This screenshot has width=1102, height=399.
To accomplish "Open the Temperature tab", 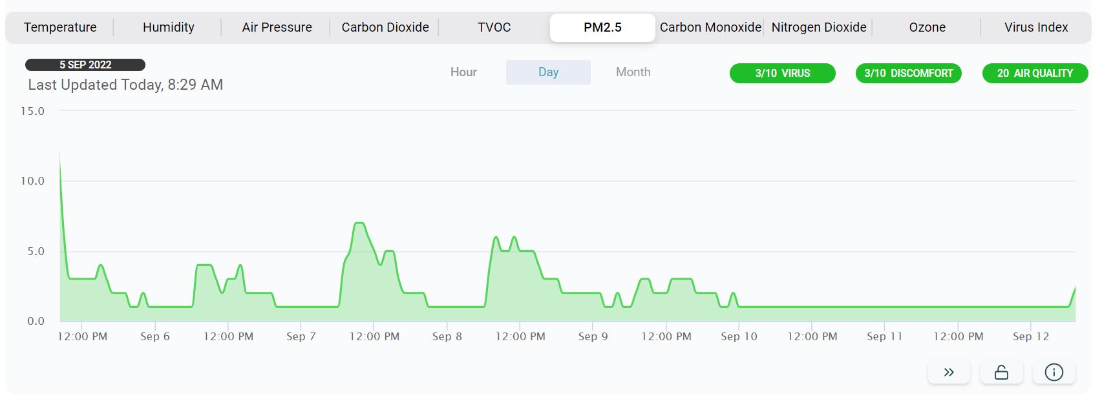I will click(60, 27).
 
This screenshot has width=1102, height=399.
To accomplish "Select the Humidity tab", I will click(168, 27).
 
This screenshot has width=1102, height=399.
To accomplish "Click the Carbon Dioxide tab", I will click(385, 27).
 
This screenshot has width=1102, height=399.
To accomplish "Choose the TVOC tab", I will click(494, 27).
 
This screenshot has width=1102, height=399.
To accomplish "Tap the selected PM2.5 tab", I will click(602, 27).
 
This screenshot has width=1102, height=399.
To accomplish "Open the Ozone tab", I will click(927, 27).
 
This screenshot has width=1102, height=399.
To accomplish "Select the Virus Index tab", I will click(1035, 27).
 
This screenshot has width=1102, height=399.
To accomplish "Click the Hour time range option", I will click(463, 72).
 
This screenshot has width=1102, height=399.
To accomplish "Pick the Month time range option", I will click(633, 72).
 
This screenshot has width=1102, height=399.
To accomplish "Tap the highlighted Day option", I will click(548, 72).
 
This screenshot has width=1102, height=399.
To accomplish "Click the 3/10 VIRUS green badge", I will click(782, 74).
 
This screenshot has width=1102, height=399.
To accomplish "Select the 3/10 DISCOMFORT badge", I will click(908, 74).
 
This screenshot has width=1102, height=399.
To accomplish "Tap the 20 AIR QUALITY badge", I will click(1034, 74).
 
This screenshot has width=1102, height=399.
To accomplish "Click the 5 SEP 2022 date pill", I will click(85, 65).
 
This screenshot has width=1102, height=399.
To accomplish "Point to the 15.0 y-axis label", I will click(32, 111).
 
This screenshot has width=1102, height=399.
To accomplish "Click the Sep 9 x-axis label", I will click(593, 336).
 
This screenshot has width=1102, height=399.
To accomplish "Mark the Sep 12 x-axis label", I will click(1031, 336).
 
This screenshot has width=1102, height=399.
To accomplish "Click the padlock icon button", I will click(1001, 373).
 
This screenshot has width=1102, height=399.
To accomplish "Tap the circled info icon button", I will click(1054, 373).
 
